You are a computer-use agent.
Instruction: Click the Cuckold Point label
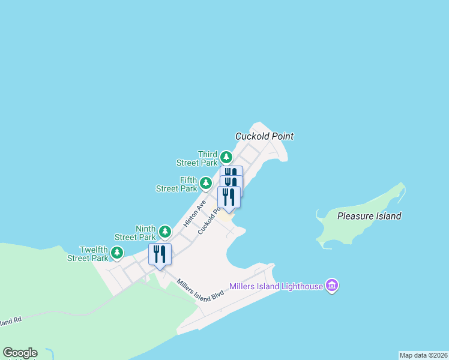click(264, 136)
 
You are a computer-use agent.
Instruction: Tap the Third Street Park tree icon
click(226, 157)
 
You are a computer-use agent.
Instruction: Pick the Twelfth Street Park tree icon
click(117, 253)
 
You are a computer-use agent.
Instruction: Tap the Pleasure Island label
click(369, 216)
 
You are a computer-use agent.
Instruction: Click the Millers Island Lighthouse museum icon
click(331, 286)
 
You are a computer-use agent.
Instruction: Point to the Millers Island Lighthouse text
click(276, 287)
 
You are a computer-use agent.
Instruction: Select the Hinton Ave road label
click(194, 213)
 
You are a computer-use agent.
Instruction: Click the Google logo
click(20, 353)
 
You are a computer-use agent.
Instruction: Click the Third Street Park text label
click(197, 158)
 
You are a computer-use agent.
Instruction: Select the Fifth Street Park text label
click(178, 184)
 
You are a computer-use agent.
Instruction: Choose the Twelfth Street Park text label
click(89, 254)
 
